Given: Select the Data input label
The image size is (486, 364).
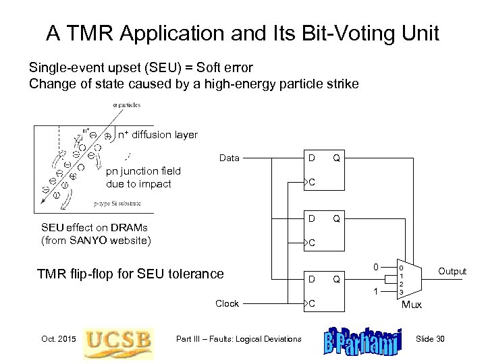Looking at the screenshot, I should click(x=230, y=158).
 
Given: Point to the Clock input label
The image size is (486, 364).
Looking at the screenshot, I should click(x=227, y=303).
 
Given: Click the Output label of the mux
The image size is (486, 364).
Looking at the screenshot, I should click(x=452, y=272).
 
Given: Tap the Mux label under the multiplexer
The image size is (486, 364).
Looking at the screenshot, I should click(x=412, y=304).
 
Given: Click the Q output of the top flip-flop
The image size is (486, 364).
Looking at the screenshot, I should click(x=335, y=158).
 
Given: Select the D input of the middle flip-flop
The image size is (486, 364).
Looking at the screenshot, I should click(x=310, y=218).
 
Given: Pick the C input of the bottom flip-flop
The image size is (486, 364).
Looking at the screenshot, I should click(x=311, y=303).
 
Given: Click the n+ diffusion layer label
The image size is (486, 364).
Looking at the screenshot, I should click(x=157, y=135).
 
